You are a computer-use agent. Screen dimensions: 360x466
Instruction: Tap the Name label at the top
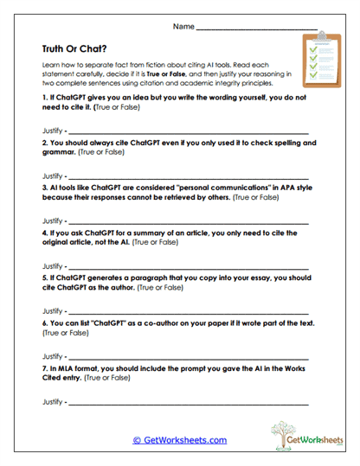click(x=183, y=27)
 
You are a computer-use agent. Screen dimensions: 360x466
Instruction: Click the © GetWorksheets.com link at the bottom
click(x=179, y=440)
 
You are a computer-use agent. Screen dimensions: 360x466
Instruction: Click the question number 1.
click(x=44, y=99)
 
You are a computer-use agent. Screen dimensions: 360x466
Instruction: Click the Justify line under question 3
click(x=186, y=222)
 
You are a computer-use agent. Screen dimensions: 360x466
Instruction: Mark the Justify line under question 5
click(x=186, y=311)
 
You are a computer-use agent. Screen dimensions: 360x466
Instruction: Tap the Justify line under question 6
click(x=186, y=356)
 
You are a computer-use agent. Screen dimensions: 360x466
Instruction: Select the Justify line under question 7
click(x=186, y=401)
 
